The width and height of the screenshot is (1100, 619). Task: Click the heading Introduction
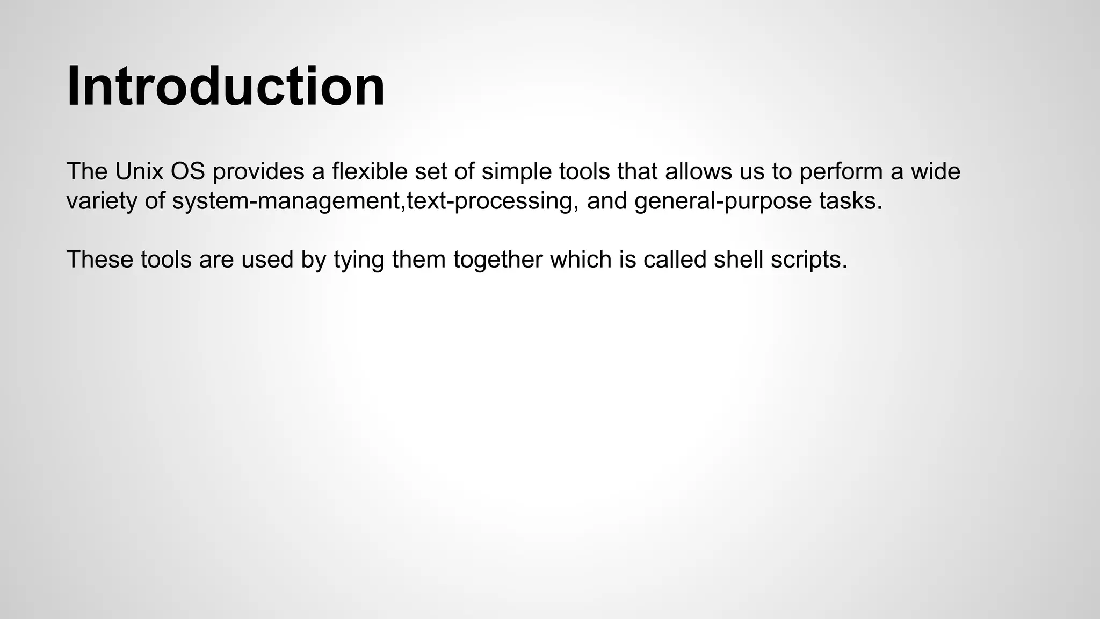click(226, 87)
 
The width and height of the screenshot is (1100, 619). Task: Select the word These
click(100, 260)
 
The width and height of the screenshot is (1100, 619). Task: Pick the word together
click(498, 260)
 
